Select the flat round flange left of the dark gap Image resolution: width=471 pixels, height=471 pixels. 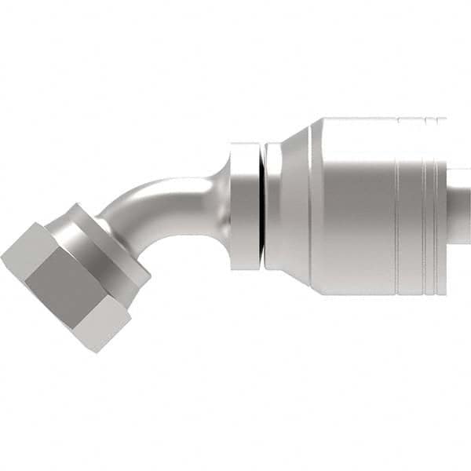point(243,206)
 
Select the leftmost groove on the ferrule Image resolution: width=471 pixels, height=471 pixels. point(398,206)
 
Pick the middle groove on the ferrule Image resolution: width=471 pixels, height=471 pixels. point(424,206)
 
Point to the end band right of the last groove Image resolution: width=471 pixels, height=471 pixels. point(442,206)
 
